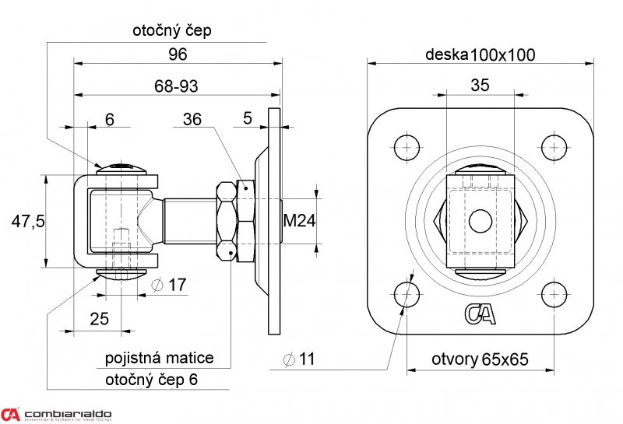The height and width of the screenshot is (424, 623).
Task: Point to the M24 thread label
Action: (x=298, y=221)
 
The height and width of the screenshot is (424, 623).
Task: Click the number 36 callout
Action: (x=192, y=119)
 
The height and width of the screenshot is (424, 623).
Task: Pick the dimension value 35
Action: (x=480, y=86)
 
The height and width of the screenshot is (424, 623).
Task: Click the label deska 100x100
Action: (x=480, y=54)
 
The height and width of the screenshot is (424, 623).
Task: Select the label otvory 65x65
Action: (x=480, y=359)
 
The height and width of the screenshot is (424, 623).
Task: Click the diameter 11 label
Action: (x=298, y=359)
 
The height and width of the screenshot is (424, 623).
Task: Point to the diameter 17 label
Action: (x=170, y=286)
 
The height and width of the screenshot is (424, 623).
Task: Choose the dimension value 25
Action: (x=98, y=317)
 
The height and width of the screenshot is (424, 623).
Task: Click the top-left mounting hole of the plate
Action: (x=407, y=148)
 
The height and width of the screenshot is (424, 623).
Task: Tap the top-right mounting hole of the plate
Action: (x=554, y=148)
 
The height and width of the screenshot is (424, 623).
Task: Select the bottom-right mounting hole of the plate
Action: (x=554, y=295)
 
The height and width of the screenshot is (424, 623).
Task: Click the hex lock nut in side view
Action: (x=227, y=221)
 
